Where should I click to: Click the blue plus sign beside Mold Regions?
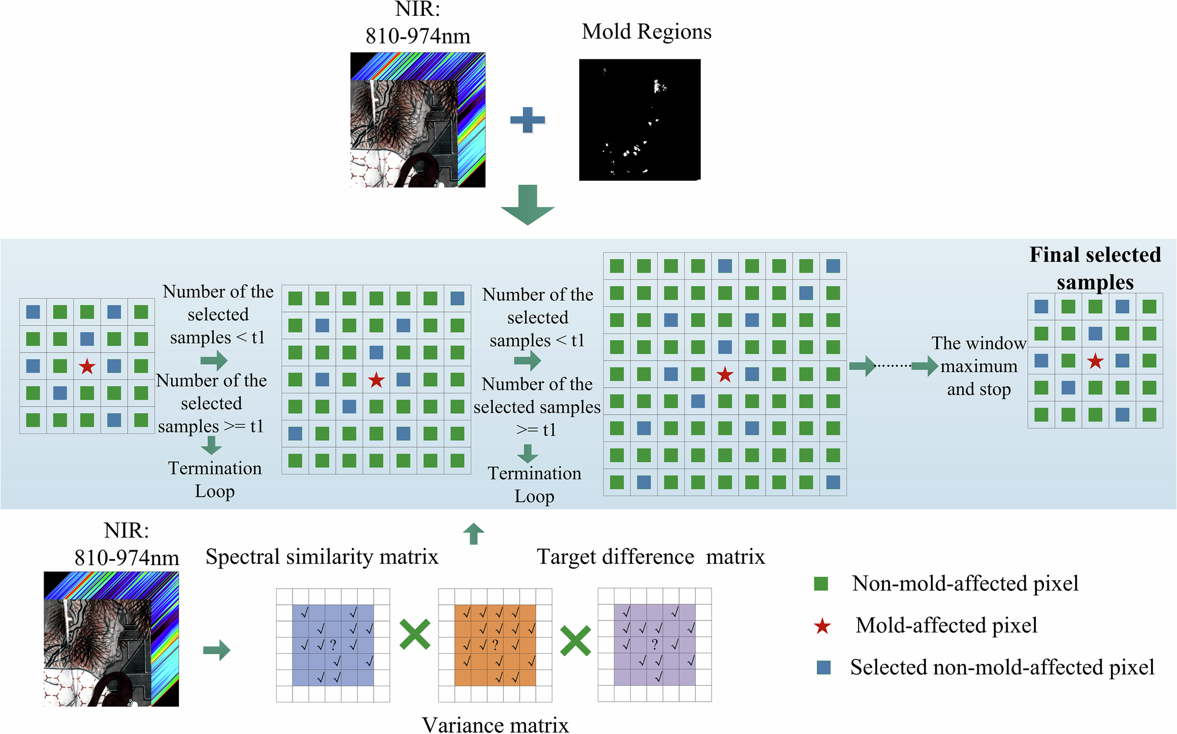tap(527, 120)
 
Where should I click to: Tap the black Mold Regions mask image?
tap(640, 119)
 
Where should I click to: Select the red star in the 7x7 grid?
tap(376, 380)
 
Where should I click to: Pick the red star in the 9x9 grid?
tap(725, 374)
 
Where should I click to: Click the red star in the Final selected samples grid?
tap(1095, 361)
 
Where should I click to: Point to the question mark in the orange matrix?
tap(496, 645)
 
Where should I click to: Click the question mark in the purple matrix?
tap(655, 645)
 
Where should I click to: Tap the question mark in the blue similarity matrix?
tap(333, 645)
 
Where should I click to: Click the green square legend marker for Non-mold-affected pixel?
tap(821, 583)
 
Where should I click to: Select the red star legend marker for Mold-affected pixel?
tap(822, 626)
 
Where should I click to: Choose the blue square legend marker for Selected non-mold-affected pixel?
tap(824, 667)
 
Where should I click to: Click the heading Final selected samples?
tap(1095, 268)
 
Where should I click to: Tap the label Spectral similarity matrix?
tap(322, 557)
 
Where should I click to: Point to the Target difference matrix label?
tap(651, 557)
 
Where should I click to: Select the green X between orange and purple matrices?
tap(575, 641)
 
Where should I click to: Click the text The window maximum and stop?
tap(979, 366)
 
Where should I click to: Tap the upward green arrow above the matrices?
tap(474, 533)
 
